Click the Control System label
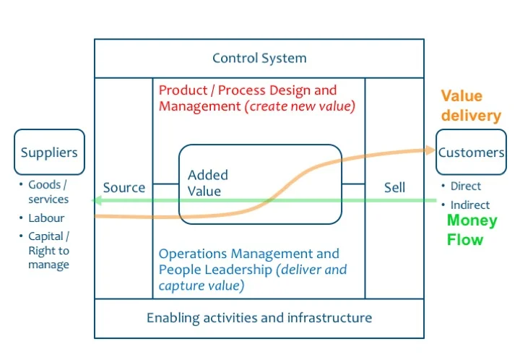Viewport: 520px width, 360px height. [x=259, y=59]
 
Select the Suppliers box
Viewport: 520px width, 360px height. [x=49, y=153]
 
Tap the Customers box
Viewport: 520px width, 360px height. [x=471, y=153]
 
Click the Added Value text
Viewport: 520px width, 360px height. [x=207, y=184]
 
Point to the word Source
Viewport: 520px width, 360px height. [x=124, y=188]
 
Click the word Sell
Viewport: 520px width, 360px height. [x=394, y=188]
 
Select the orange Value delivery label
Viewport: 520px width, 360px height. [x=471, y=106]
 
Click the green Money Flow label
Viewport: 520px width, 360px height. [x=472, y=230]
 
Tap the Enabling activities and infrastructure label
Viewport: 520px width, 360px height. [x=259, y=318]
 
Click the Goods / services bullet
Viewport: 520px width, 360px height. [x=48, y=192]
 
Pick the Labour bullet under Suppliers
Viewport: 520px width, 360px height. [x=46, y=218]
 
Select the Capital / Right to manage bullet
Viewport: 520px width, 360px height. [x=48, y=250]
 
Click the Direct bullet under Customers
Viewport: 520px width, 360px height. [x=465, y=186]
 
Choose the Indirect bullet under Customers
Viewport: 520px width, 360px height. [x=469, y=205]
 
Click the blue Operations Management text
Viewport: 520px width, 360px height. [x=248, y=254]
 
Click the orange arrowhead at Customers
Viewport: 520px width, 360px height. [x=432, y=151]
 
